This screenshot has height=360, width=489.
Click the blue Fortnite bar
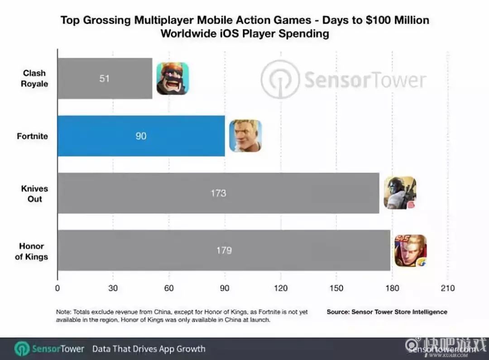coord(141,136)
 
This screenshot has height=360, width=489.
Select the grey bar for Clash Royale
coord(105,78)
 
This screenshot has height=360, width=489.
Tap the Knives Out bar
coord(218,193)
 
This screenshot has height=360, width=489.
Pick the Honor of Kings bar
coord(224,250)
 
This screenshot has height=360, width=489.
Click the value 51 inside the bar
coord(105,78)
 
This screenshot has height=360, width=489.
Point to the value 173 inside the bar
coord(218,193)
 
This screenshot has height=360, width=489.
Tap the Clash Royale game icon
coord(173,78)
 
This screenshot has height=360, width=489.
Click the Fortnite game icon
coord(245,136)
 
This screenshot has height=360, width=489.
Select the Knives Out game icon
coord(400,193)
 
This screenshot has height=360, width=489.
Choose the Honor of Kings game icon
coord(410,250)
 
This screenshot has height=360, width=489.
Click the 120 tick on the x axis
coord(280,288)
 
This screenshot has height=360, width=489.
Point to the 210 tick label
coord(447,288)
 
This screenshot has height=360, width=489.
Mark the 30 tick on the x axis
coord(113,288)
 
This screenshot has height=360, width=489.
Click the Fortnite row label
coord(32,136)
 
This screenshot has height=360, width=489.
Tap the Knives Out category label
coord(35,193)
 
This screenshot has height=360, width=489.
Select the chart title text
coord(244,27)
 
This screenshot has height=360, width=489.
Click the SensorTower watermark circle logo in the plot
coord(280,79)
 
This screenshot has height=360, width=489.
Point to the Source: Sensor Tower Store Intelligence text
coord(387,312)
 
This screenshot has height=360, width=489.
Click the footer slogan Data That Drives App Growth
coord(149,349)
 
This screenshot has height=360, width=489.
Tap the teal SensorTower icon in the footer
coord(21,349)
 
